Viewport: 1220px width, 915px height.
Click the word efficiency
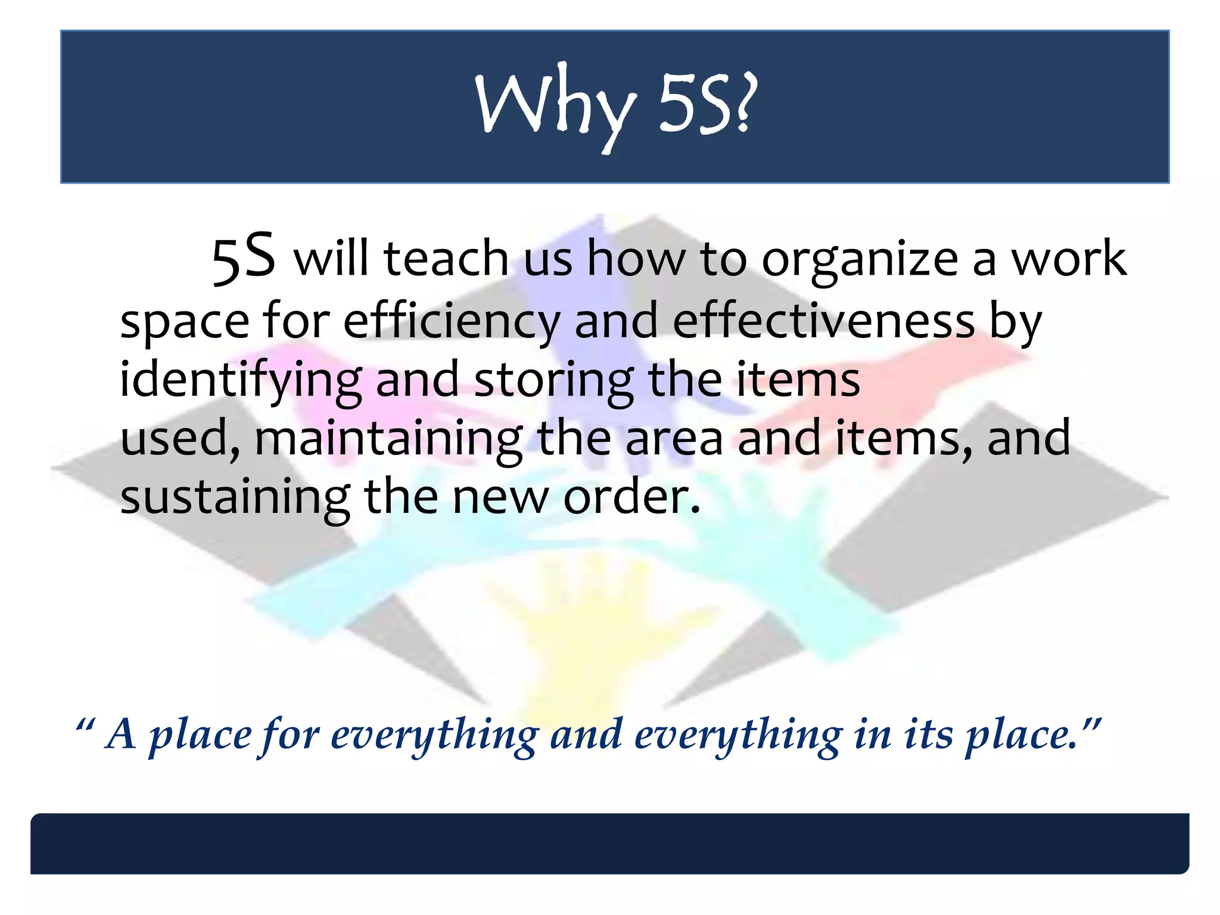(x=452, y=322)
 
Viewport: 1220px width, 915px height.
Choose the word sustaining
(x=235, y=498)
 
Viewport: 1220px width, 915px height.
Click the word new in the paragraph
(x=500, y=498)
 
